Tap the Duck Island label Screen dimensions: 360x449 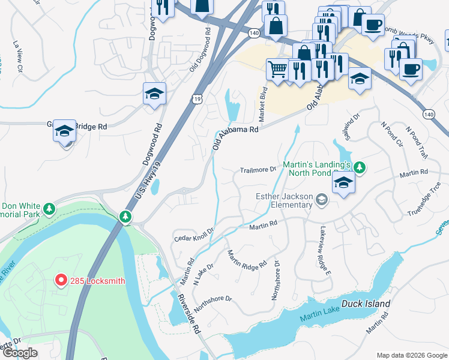(x=366, y=304)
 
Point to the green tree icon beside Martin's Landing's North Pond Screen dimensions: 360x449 (x=360, y=167)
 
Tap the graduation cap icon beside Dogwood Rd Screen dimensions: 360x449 (x=154, y=94)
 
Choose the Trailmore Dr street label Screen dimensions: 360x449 (x=258, y=170)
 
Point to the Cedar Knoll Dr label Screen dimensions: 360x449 (x=194, y=235)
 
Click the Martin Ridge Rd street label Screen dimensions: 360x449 (x=247, y=260)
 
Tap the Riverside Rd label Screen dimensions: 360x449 (x=188, y=312)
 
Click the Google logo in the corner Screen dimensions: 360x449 (x=20, y=353)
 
